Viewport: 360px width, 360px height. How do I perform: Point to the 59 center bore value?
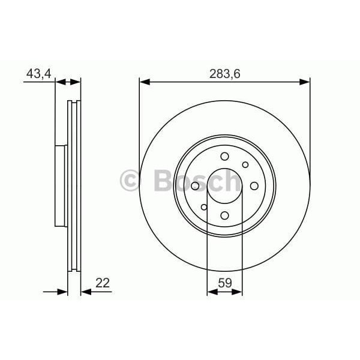(x=224, y=282)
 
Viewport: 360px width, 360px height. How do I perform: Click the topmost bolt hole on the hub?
(x=224, y=157)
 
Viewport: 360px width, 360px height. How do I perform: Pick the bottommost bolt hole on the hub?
(x=224, y=215)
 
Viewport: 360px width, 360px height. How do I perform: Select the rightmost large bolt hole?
(x=253, y=186)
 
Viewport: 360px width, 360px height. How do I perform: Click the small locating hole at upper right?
(x=245, y=165)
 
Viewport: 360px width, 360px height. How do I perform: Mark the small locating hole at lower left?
(x=204, y=207)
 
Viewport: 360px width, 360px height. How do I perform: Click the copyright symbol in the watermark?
(x=131, y=181)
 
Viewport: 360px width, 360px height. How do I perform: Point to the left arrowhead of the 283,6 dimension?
(x=144, y=82)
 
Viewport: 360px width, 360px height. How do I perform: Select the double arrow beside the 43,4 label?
(x=68, y=82)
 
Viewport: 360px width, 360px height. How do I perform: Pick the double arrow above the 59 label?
(x=224, y=292)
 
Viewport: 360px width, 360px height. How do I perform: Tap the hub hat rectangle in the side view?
(x=61, y=186)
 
